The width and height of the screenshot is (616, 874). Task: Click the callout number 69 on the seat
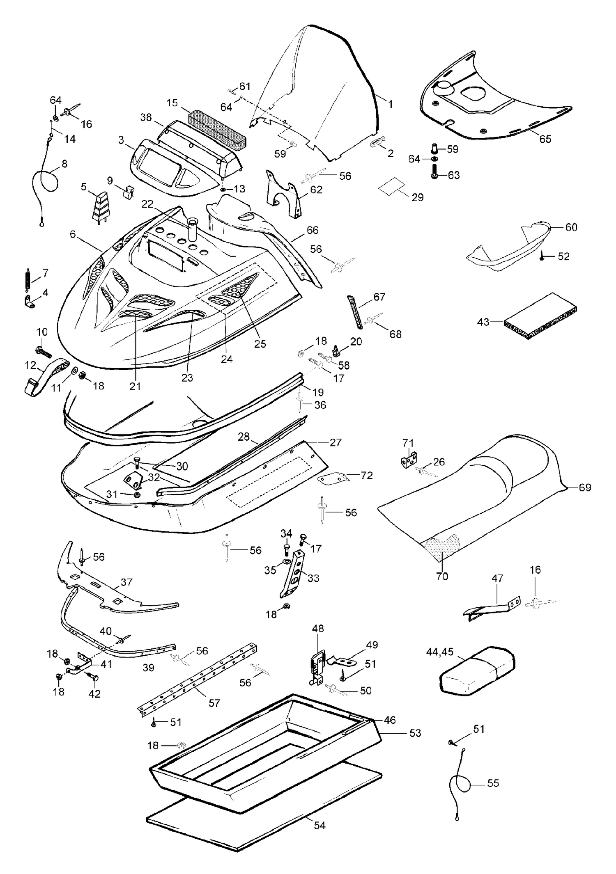pyautogui.click(x=585, y=487)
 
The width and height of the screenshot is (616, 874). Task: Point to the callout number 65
pyautogui.click(x=545, y=139)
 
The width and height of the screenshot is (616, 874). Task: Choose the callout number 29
pyautogui.click(x=417, y=197)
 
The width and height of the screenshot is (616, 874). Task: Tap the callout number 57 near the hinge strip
pyautogui.click(x=214, y=703)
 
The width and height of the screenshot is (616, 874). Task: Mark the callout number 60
pyautogui.click(x=571, y=227)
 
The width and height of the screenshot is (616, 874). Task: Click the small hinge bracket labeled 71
pyautogui.click(x=409, y=460)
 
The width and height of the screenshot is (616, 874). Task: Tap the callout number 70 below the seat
pyautogui.click(x=442, y=576)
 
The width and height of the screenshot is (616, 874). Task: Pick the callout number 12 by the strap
pyautogui.click(x=31, y=364)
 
